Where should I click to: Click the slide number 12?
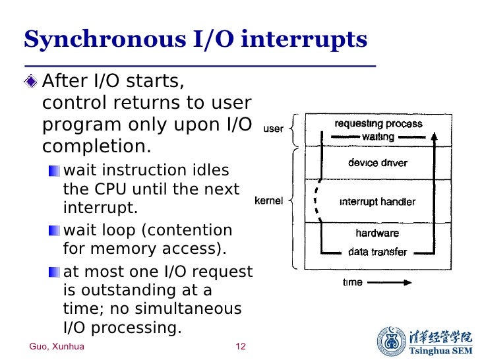point(240,347)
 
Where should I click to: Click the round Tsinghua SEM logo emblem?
point(392,341)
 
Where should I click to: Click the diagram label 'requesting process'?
point(378,123)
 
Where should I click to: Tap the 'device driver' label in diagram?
point(378,163)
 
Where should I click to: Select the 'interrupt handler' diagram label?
point(377,202)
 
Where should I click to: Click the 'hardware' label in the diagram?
point(378,233)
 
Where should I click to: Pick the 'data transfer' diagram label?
point(378,252)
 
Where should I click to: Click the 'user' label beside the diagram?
point(273,129)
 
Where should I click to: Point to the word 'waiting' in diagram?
point(378,136)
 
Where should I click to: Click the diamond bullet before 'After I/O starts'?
point(30,83)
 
